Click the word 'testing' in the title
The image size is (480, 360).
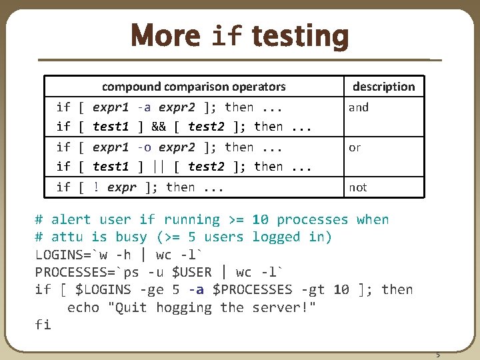point(301,36)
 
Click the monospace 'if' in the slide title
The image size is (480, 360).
point(226,37)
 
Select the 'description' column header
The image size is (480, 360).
point(383,86)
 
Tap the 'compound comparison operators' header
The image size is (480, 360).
point(193,86)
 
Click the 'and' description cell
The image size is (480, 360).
point(359,107)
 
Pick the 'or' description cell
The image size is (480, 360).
point(355,147)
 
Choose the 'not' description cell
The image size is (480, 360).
point(358,187)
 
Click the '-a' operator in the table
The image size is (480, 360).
point(143,107)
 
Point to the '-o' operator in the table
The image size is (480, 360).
point(143,147)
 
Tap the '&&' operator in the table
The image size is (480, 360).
point(159,127)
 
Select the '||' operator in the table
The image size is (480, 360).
point(159,167)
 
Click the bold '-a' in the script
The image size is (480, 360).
point(196,289)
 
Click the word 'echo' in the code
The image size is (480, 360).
point(83,307)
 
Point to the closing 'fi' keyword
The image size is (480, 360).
point(43,325)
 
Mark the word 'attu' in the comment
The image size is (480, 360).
point(67,237)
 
